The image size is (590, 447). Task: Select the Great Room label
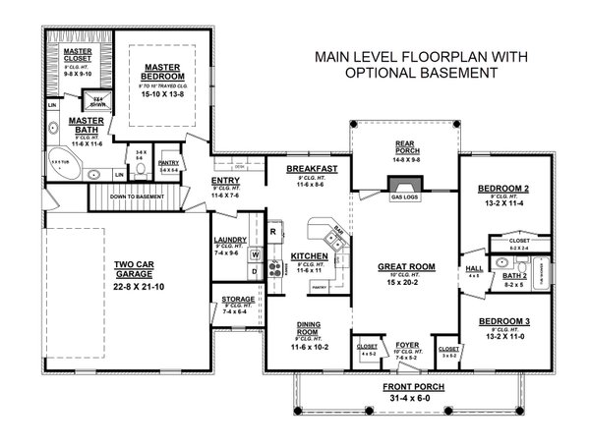(406, 266)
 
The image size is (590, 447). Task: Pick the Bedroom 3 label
(502, 321)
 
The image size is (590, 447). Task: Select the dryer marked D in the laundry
(254, 272)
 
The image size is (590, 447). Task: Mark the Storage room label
(237, 300)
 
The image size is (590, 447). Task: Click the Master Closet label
(77, 53)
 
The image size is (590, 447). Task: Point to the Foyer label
(407, 345)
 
